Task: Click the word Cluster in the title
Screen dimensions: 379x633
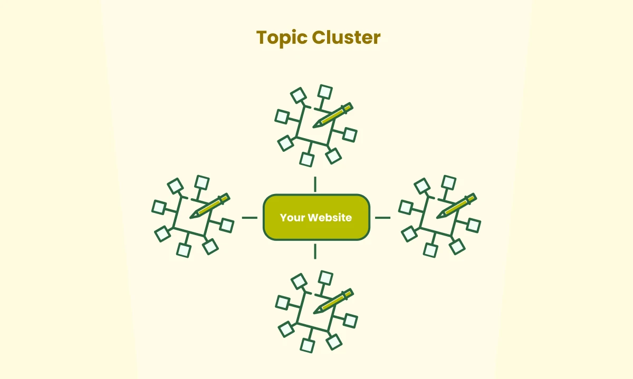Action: (x=346, y=37)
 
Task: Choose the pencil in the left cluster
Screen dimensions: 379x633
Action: (x=209, y=205)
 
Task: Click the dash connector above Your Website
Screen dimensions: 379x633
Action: (x=315, y=184)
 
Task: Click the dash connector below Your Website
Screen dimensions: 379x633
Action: (x=315, y=251)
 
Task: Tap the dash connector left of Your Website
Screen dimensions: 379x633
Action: (x=249, y=217)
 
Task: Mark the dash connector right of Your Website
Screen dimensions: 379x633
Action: (x=382, y=217)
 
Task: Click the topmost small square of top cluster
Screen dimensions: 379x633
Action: (x=325, y=92)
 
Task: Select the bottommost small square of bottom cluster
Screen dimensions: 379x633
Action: (x=307, y=345)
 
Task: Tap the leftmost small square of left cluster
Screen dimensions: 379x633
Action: (x=159, y=207)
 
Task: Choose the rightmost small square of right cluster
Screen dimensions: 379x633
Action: (x=473, y=226)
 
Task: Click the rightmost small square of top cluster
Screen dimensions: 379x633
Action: (x=349, y=135)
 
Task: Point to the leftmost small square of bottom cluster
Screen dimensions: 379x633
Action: (x=283, y=302)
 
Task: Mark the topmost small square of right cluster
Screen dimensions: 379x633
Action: (x=449, y=182)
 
